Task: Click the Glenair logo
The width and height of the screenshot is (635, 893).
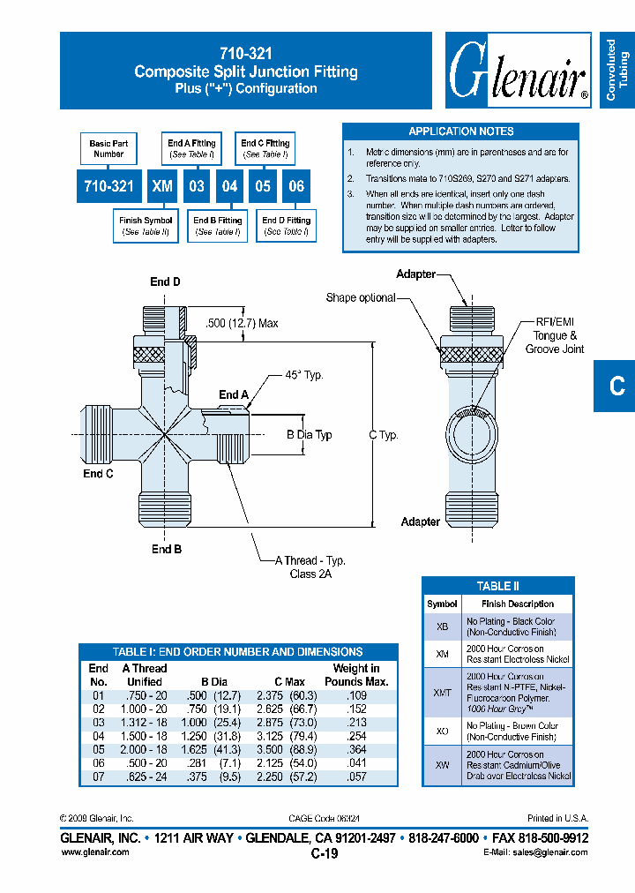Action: point(518,71)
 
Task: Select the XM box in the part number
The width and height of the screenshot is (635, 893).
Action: point(161,186)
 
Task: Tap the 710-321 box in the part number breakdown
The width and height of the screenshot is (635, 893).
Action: point(108,186)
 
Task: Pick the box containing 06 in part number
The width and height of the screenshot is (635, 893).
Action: point(296,186)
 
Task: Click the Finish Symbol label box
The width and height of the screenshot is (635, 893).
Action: point(146,226)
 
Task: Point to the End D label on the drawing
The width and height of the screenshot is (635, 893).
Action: point(165,282)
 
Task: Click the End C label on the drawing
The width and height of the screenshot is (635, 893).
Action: point(98,474)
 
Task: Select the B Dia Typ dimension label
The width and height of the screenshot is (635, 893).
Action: point(310,435)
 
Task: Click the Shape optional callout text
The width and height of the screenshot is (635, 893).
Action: point(361,297)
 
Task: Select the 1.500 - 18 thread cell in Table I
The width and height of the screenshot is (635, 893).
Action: point(145,735)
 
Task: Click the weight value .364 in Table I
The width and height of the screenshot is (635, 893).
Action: point(355,748)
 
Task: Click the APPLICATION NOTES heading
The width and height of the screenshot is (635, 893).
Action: point(460,131)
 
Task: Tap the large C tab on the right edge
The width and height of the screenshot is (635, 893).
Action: point(616,386)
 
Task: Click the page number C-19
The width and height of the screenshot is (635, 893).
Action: point(325,853)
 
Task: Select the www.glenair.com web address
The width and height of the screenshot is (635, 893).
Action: point(94,852)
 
